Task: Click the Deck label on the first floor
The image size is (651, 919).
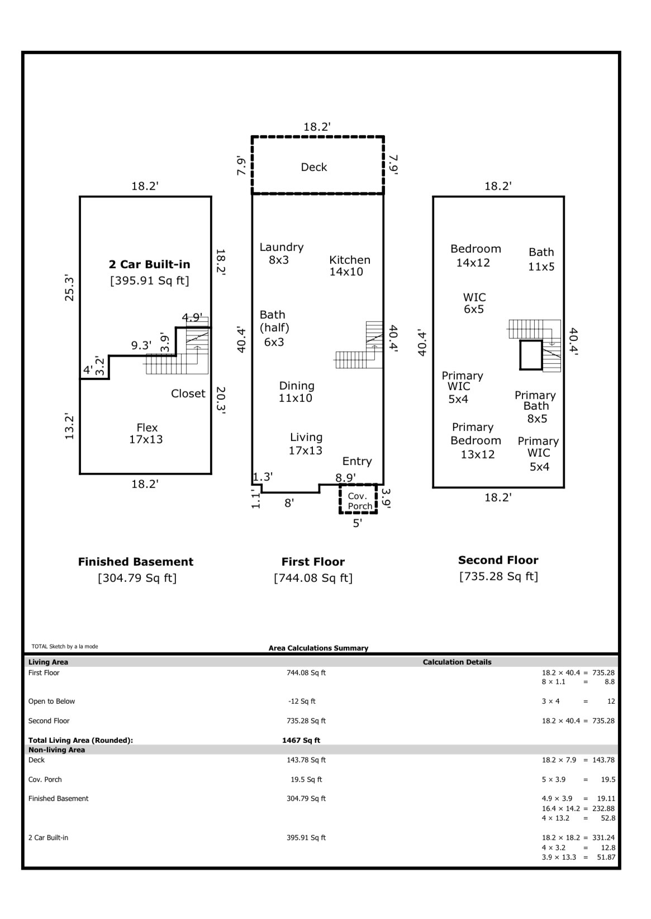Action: point(314,167)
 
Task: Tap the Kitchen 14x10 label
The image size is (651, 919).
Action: point(349,266)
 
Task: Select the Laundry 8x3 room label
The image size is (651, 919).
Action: point(282,253)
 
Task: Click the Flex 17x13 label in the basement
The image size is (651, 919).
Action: point(146,434)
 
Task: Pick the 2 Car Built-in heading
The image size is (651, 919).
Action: point(150,264)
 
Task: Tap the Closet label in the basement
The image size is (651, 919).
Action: point(188,394)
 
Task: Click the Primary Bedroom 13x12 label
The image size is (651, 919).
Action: point(476,440)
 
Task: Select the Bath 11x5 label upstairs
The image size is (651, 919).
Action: point(541,259)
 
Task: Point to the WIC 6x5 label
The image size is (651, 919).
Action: point(474,303)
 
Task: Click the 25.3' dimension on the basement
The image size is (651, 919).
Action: point(69,289)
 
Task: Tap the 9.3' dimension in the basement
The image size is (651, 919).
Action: point(141,345)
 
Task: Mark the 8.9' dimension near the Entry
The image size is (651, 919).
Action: point(345,477)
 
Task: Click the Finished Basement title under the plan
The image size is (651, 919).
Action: point(136,562)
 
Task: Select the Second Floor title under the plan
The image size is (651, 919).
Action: point(498,560)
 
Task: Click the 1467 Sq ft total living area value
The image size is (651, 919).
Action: point(301,741)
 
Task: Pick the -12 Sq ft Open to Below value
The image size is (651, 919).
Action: point(302,701)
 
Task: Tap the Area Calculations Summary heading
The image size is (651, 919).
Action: point(319,648)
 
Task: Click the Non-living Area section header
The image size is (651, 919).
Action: point(56,750)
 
